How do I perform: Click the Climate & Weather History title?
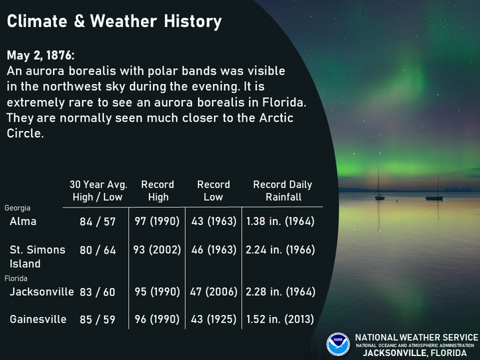pos(114,21)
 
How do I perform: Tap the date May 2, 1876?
pos(40,56)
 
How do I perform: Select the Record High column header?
pos(158,191)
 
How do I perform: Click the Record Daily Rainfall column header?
pos(283,191)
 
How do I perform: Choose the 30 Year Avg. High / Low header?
pos(98,191)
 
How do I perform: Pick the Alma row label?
pos(23,221)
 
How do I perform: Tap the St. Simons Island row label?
pos(37,257)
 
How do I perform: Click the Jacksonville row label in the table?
pos(42,291)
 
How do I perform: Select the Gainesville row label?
pos(38,320)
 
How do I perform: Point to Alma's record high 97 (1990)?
pos(157,221)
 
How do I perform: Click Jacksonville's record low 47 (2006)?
pos(213,291)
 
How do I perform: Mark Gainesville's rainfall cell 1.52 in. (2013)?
pos(280,320)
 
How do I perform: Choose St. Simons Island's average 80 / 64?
pos(97,250)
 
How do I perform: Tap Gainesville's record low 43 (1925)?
pos(213,320)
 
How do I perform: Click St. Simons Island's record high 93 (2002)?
pos(157,250)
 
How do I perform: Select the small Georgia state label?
pos(17,208)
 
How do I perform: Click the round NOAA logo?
pos(338,344)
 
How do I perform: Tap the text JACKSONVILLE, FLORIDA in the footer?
pos(415,353)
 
